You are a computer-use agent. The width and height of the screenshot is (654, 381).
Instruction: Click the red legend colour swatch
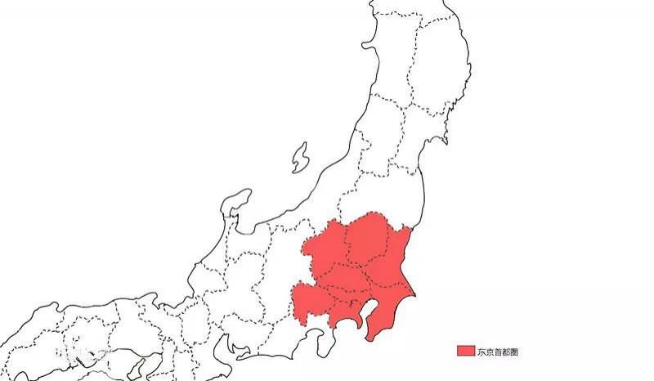[465, 351]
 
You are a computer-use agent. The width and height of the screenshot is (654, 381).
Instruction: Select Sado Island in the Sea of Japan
[300, 157]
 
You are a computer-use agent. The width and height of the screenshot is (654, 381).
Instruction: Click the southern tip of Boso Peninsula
[370, 335]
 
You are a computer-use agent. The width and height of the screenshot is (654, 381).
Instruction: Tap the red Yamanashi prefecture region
[311, 294]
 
